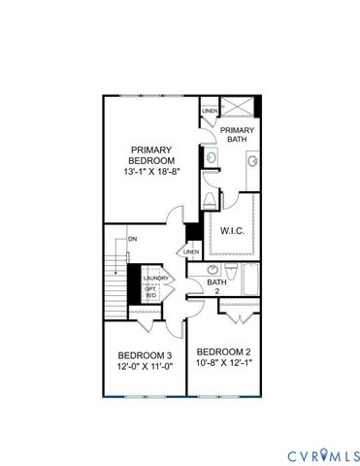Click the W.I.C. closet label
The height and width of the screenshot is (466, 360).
tap(232, 231)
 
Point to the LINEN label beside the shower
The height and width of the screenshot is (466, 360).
tap(210, 111)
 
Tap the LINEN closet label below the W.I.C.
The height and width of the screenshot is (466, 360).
tap(190, 252)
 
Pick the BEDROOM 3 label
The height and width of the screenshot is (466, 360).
tap(145, 354)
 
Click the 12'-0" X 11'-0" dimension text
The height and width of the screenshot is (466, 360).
tap(145, 367)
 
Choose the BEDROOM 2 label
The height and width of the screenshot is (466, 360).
tap(224, 350)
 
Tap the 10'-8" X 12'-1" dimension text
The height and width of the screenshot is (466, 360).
tap(224, 363)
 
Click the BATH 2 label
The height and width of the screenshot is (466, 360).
tap(218, 286)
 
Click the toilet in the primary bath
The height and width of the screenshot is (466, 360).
tap(211, 199)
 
